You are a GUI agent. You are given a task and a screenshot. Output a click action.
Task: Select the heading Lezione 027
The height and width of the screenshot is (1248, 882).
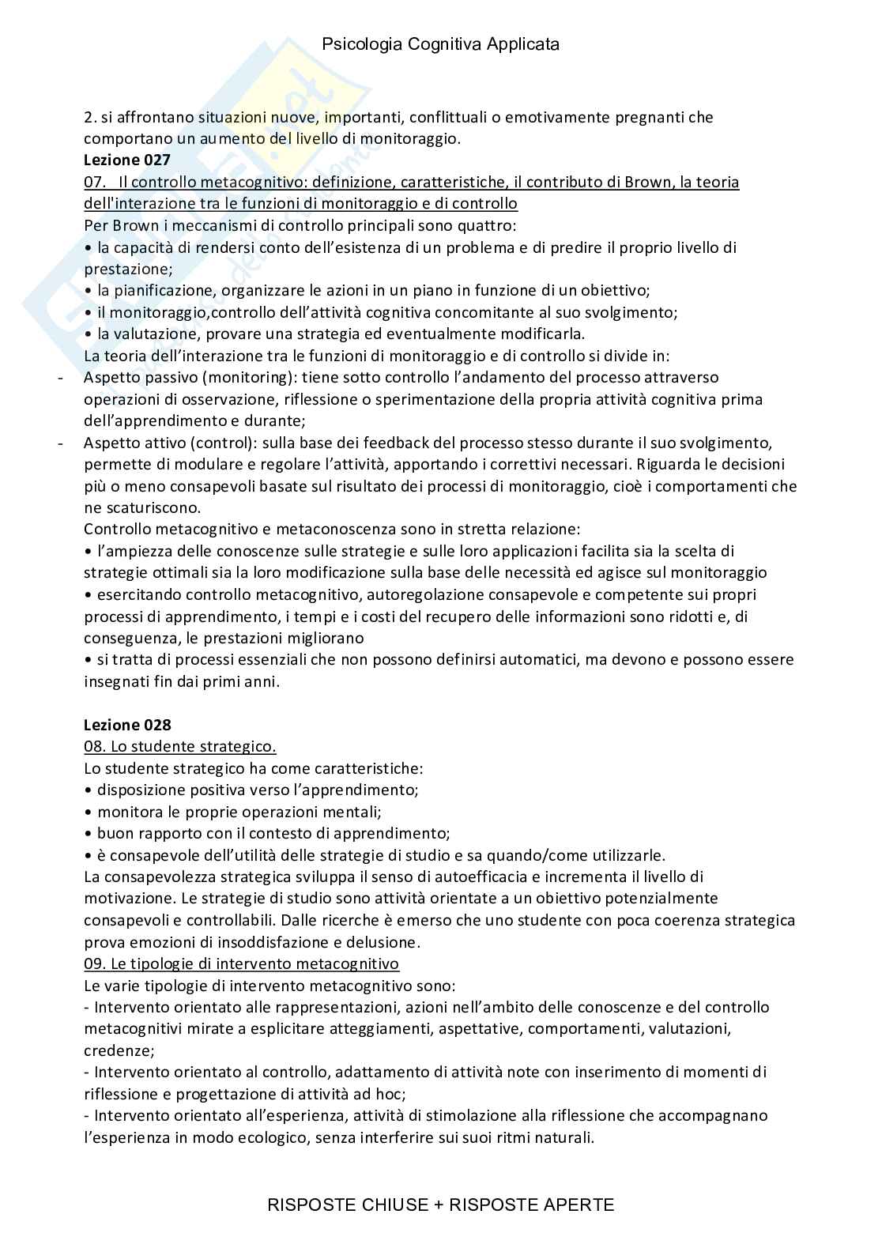click(x=127, y=160)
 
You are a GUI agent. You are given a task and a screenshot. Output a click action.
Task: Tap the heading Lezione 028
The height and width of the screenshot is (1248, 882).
click(x=127, y=725)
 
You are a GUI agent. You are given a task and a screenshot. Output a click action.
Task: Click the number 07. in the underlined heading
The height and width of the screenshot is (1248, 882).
click(x=95, y=183)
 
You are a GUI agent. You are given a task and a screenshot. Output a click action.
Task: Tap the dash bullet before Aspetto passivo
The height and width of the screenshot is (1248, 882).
click(x=62, y=377)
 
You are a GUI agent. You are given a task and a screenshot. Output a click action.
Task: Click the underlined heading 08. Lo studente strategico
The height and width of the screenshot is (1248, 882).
click(x=180, y=746)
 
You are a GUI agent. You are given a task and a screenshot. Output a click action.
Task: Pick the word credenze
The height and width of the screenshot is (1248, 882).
click(x=118, y=1050)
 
